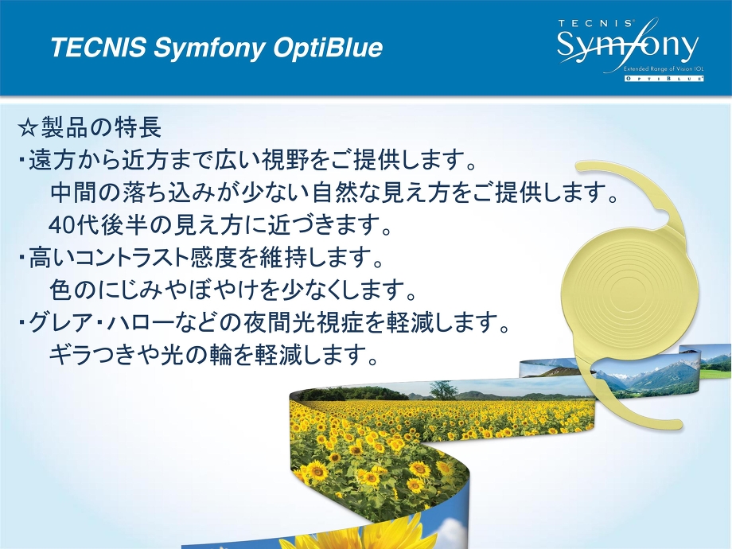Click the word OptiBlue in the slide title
tap(328, 48)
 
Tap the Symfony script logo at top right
tap(628, 45)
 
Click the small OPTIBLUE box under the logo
tap(664, 79)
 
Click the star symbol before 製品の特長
tap(28, 128)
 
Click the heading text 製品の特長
tap(101, 127)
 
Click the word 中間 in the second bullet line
tap(73, 193)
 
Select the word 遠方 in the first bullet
tap(52, 160)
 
